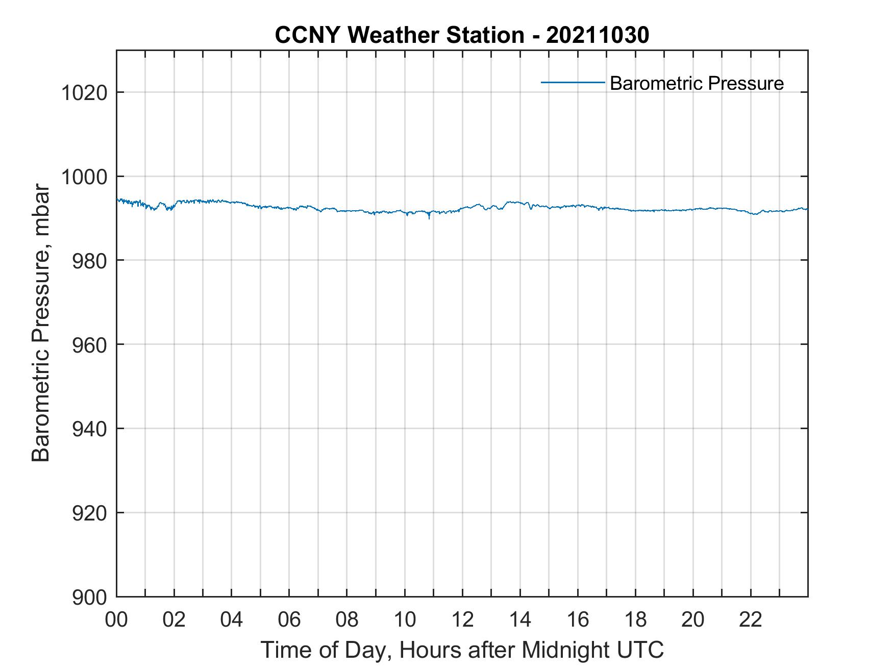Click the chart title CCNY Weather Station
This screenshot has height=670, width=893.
399,35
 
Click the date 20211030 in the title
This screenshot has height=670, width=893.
598,35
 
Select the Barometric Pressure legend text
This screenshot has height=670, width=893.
697,83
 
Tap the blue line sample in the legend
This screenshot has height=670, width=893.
573,82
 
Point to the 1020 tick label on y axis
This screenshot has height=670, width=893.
84,93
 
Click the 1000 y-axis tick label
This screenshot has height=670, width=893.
84,177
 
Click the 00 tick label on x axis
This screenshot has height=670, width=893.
116,620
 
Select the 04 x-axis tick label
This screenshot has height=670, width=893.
232,620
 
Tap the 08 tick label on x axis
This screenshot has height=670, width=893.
347,620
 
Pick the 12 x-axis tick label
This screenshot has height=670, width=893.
462,620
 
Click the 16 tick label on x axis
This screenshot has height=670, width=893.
578,620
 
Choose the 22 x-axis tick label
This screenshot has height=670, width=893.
751,620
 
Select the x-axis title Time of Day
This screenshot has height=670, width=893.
462,650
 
